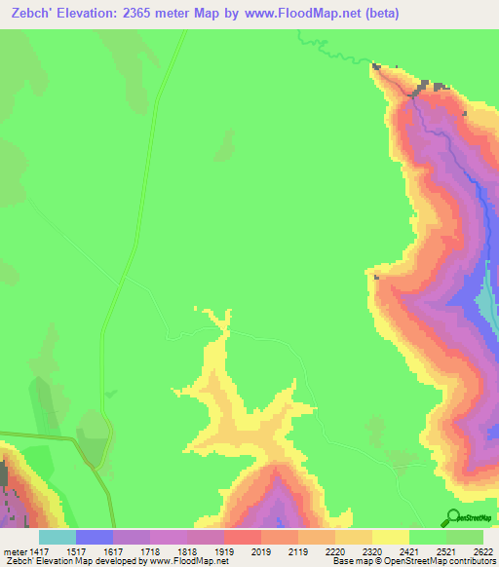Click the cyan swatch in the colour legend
58,537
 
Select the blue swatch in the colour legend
95,537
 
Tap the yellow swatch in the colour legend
391,537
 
